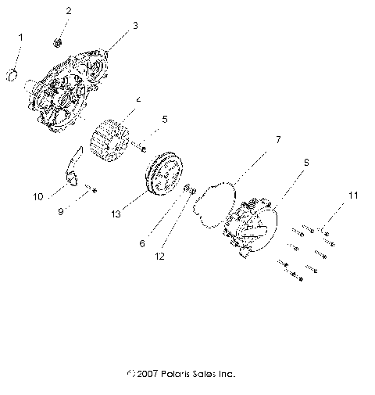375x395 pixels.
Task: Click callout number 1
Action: pyautogui.click(x=20, y=38)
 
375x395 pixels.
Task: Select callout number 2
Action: pyautogui.click(x=68, y=11)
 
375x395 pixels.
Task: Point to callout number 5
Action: pyautogui.click(x=165, y=120)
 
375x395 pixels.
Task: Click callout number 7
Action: pyautogui.click(x=255, y=141)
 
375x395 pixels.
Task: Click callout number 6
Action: pyautogui.click(x=141, y=243)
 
